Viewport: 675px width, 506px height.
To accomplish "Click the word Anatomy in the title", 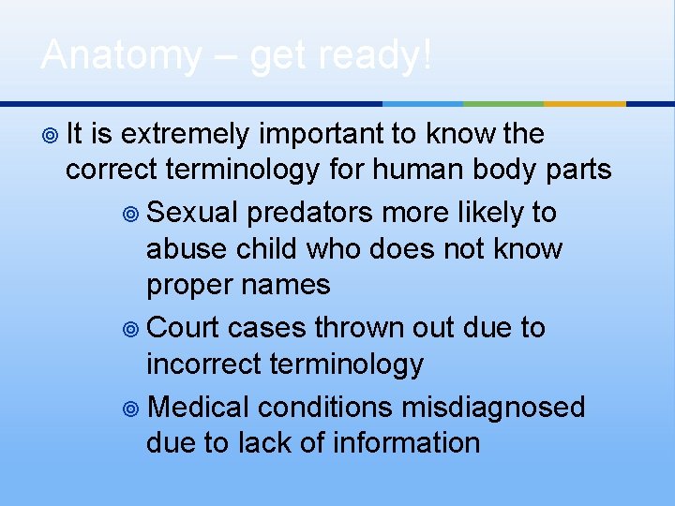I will click(120, 56).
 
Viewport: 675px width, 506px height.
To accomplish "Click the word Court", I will click(184, 328).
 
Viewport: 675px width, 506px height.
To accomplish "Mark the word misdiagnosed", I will click(492, 408).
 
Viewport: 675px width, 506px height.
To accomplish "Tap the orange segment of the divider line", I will click(585, 103).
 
